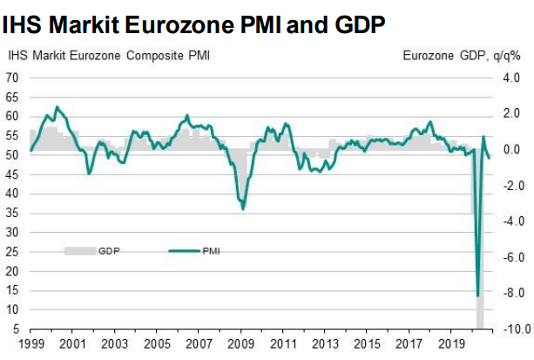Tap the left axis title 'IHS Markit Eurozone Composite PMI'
pyautogui.click(x=108, y=57)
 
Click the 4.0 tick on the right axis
pyautogui.click(x=511, y=78)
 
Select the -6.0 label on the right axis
pyautogui.click(x=510, y=257)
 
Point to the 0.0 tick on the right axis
pyautogui.click(x=511, y=150)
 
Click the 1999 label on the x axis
pyautogui.click(x=31, y=345)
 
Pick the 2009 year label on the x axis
pyautogui.click(x=241, y=345)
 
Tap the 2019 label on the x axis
pyautogui.click(x=450, y=345)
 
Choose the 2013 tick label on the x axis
pyautogui.click(x=325, y=345)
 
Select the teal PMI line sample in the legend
pyautogui.click(x=182, y=250)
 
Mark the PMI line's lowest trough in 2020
pyautogui.click(x=477, y=295)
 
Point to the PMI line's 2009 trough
pyautogui.click(x=242, y=209)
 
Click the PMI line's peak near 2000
pyautogui.click(x=57, y=107)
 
